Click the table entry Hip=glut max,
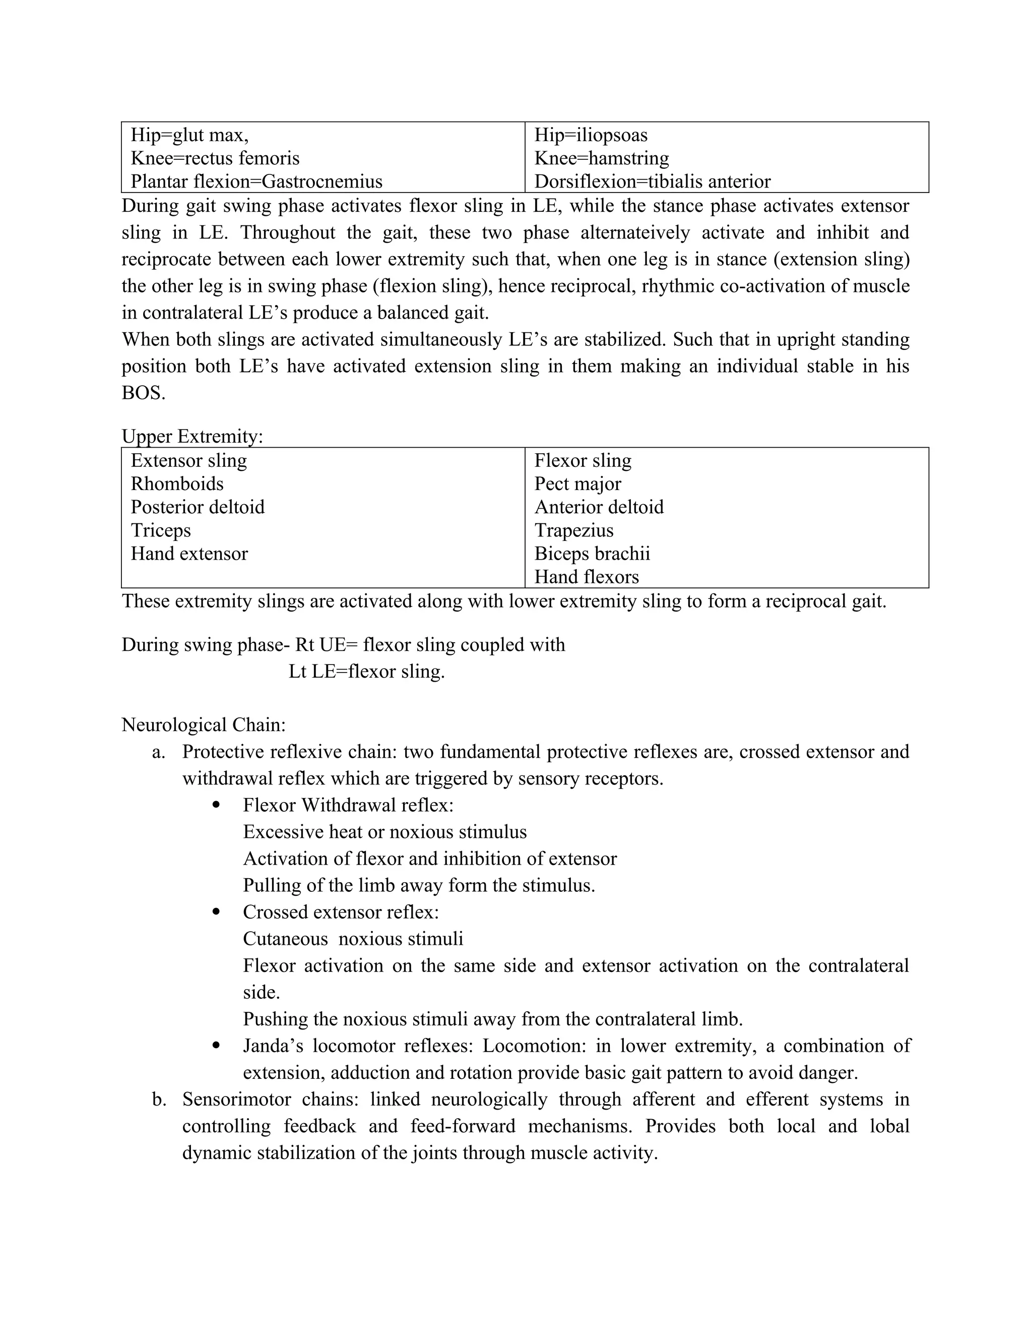189,135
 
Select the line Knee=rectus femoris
215,158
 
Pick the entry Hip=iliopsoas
591,135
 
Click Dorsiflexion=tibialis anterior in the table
653,181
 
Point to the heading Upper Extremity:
192,437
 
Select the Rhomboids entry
177,484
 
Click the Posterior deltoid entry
198,507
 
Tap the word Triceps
161,530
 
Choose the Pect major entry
578,484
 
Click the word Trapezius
573,530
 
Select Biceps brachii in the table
592,554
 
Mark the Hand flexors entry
587,577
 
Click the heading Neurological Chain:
204,725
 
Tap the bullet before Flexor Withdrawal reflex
215,805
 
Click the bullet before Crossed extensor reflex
215,912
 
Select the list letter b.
159,1100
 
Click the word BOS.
143,393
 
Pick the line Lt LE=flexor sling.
366,672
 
